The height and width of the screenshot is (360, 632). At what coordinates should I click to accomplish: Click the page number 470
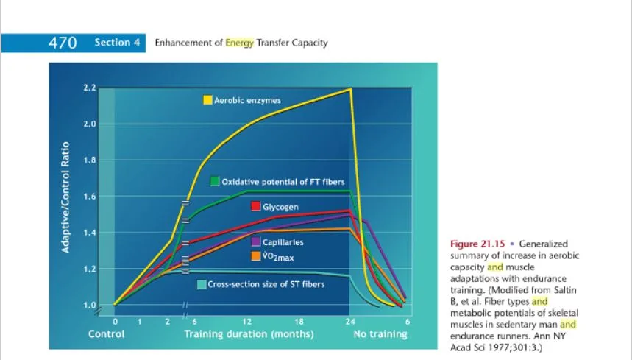63,43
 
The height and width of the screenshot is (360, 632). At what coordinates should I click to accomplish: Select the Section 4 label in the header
117,43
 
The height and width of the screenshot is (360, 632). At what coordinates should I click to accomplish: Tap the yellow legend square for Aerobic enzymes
208,100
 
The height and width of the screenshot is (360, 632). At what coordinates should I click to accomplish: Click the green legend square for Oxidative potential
215,181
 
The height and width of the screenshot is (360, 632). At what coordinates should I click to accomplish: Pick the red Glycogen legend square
256,207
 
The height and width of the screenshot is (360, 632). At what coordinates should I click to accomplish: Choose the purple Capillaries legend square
256,242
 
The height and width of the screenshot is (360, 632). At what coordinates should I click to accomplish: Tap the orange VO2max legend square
256,256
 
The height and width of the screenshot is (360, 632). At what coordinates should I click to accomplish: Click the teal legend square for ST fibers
201,285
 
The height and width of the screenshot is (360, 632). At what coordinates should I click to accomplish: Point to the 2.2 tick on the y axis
90,88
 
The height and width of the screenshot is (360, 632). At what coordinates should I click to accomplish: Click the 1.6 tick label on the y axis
90,197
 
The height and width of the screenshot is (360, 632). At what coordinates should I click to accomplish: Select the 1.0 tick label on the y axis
90,305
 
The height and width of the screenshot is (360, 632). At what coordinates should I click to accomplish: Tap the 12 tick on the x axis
247,322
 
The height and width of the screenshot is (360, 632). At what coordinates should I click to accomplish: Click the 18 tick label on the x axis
299,322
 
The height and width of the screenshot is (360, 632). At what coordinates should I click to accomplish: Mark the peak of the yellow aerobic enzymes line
350,89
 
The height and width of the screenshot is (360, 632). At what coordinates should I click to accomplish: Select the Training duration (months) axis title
249,334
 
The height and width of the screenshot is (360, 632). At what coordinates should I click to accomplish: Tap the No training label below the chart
380,334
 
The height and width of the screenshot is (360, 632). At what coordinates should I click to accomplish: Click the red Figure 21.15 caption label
476,244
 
